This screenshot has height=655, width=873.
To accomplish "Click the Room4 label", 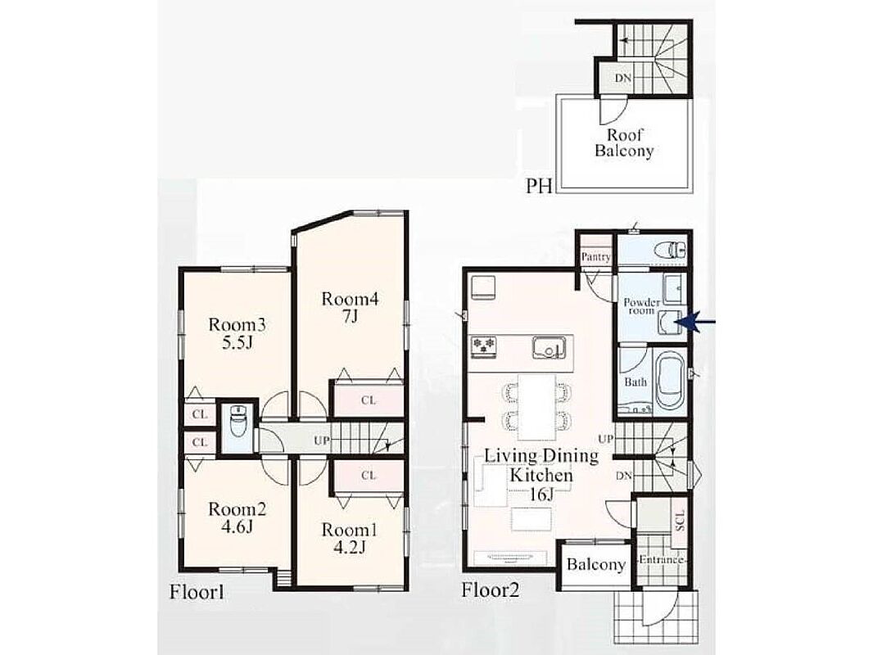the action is (350, 300).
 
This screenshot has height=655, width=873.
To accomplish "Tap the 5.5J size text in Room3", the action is (237, 341).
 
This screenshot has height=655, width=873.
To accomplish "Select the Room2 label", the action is (237, 509).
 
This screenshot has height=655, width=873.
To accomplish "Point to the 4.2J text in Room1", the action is (350, 547).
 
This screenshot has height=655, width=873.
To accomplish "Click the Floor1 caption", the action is (197, 592).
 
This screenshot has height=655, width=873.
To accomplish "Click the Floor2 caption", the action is (490, 589).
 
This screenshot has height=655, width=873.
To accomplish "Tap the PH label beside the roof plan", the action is (539, 186).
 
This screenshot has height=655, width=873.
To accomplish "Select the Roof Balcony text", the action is (624, 142).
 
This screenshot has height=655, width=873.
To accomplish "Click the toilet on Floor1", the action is (237, 423).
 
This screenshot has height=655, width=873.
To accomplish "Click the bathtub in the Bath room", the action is (671, 382).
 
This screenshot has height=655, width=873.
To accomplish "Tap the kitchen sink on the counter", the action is (550, 348).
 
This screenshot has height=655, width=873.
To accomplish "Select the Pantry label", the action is (595, 257).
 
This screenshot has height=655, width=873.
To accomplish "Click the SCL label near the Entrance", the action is (680, 521).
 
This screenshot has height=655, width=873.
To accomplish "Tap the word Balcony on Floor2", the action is (595, 564).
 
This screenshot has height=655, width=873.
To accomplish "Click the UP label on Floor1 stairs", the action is (322, 441).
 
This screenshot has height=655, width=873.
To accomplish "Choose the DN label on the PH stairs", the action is (623, 79).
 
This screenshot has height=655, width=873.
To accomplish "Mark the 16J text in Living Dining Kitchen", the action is (540, 494).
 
